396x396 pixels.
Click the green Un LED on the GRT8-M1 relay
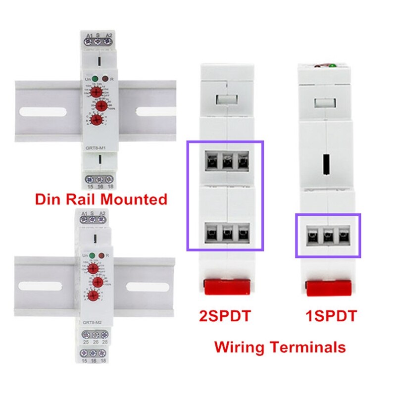(94, 78)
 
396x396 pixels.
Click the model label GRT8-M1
(95, 147)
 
